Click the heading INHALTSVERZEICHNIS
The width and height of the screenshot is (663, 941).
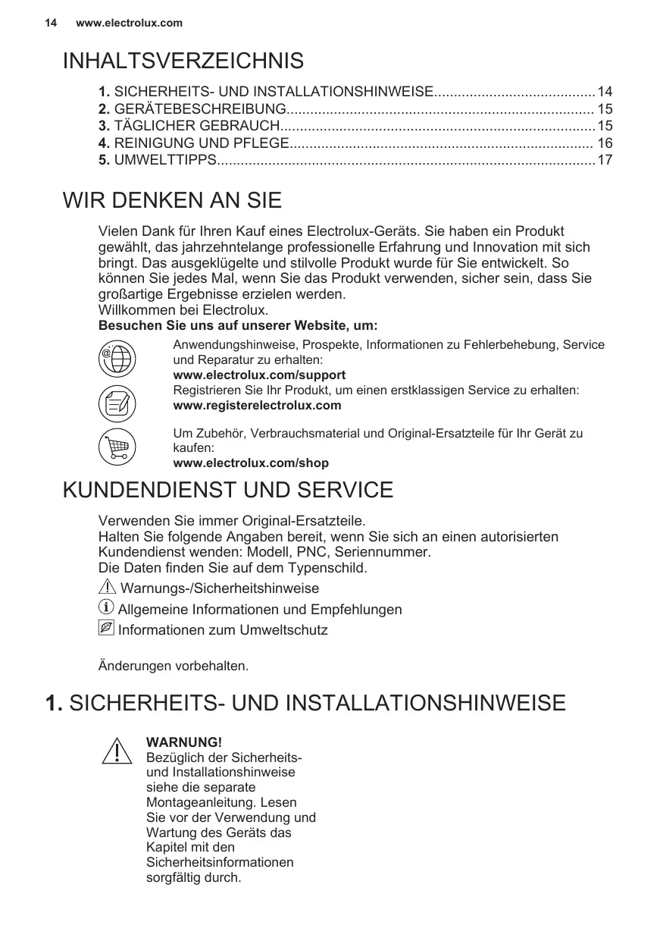pos(183,61)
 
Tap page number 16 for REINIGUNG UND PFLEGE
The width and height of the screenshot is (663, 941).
pos(605,143)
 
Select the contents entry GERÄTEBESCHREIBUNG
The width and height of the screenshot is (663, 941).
pos(199,109)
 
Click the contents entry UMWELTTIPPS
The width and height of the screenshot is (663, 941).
pos(164,160)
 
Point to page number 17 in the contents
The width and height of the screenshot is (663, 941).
pos(605,160)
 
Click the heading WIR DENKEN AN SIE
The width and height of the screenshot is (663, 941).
pos(172,201)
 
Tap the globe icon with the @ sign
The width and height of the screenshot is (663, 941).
pos(117,358)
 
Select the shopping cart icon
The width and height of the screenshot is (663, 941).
pos(117,447)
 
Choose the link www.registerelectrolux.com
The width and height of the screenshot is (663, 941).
pos(257,406)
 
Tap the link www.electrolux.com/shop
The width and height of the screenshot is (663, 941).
pos(251,463)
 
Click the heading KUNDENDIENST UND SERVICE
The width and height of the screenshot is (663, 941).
pos(228,490)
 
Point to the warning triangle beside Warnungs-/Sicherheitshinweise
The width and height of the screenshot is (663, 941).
pos(108,588)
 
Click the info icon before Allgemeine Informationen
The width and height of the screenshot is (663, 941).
pos(107,608)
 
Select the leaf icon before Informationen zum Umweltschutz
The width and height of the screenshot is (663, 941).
pos(107,629)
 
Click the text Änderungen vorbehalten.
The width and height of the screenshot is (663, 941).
pos(174,667)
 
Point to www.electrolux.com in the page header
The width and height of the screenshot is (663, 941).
pos(130,23)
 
